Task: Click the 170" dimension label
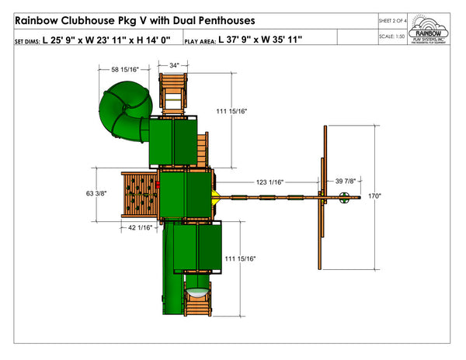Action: [375, 197]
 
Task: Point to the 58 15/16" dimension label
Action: [126, 70]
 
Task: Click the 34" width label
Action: [174, 66]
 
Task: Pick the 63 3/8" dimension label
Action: [96, 192]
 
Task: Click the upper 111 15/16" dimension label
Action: [234, 112]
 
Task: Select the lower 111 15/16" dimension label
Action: [241, 258]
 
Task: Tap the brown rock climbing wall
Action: [140, 193]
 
